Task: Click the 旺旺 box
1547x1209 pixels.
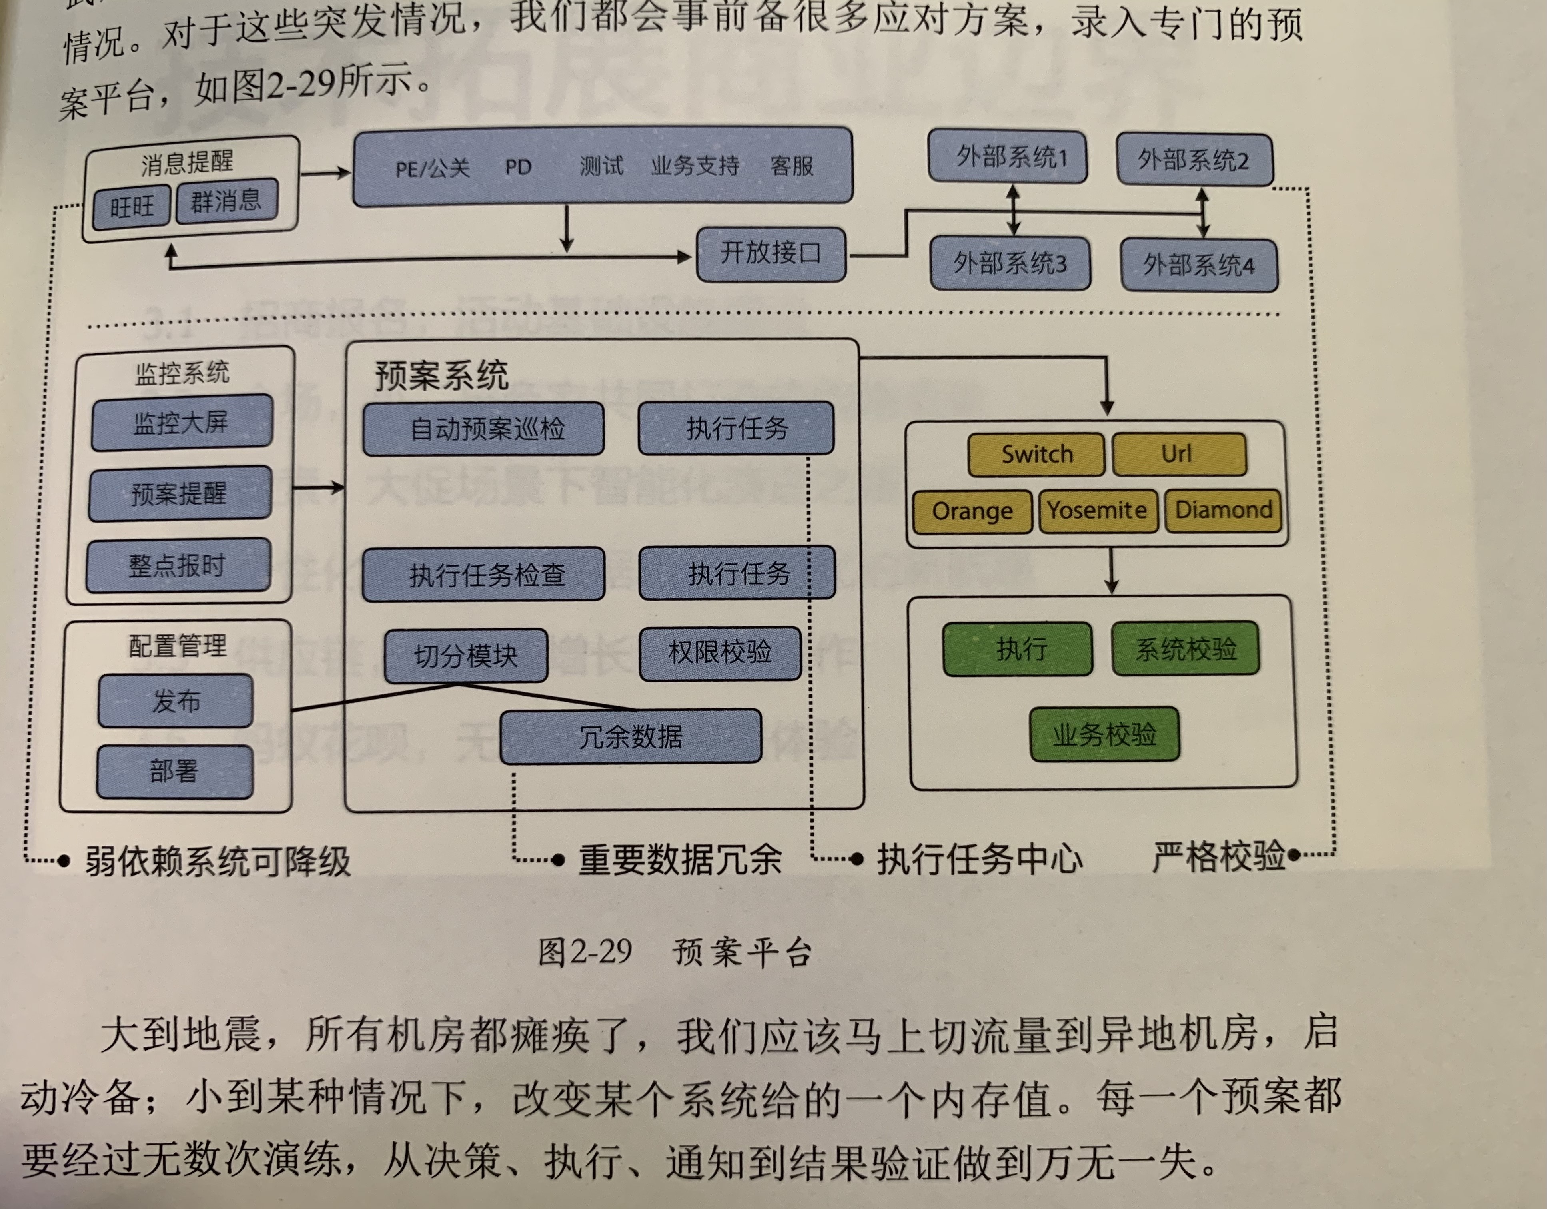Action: coord(132,207)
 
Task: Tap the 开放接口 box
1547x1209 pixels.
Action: coord(771,253)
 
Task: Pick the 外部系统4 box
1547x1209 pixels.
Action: coord(1198,265)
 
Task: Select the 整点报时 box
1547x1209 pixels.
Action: coord(178,565)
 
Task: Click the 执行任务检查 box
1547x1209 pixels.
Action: coord(484,574)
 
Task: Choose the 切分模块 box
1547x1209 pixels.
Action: coord(465,656)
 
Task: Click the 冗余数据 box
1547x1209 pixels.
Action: coord(631,736)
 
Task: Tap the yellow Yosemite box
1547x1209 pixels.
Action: coord(1097,510)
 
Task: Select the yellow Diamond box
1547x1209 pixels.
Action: coord(1223,510)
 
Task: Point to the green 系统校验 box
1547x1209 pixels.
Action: coord(1185,648)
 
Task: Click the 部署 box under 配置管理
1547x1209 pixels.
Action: coord(174,771)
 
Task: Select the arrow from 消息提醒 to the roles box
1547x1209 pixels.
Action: coord(326,172)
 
